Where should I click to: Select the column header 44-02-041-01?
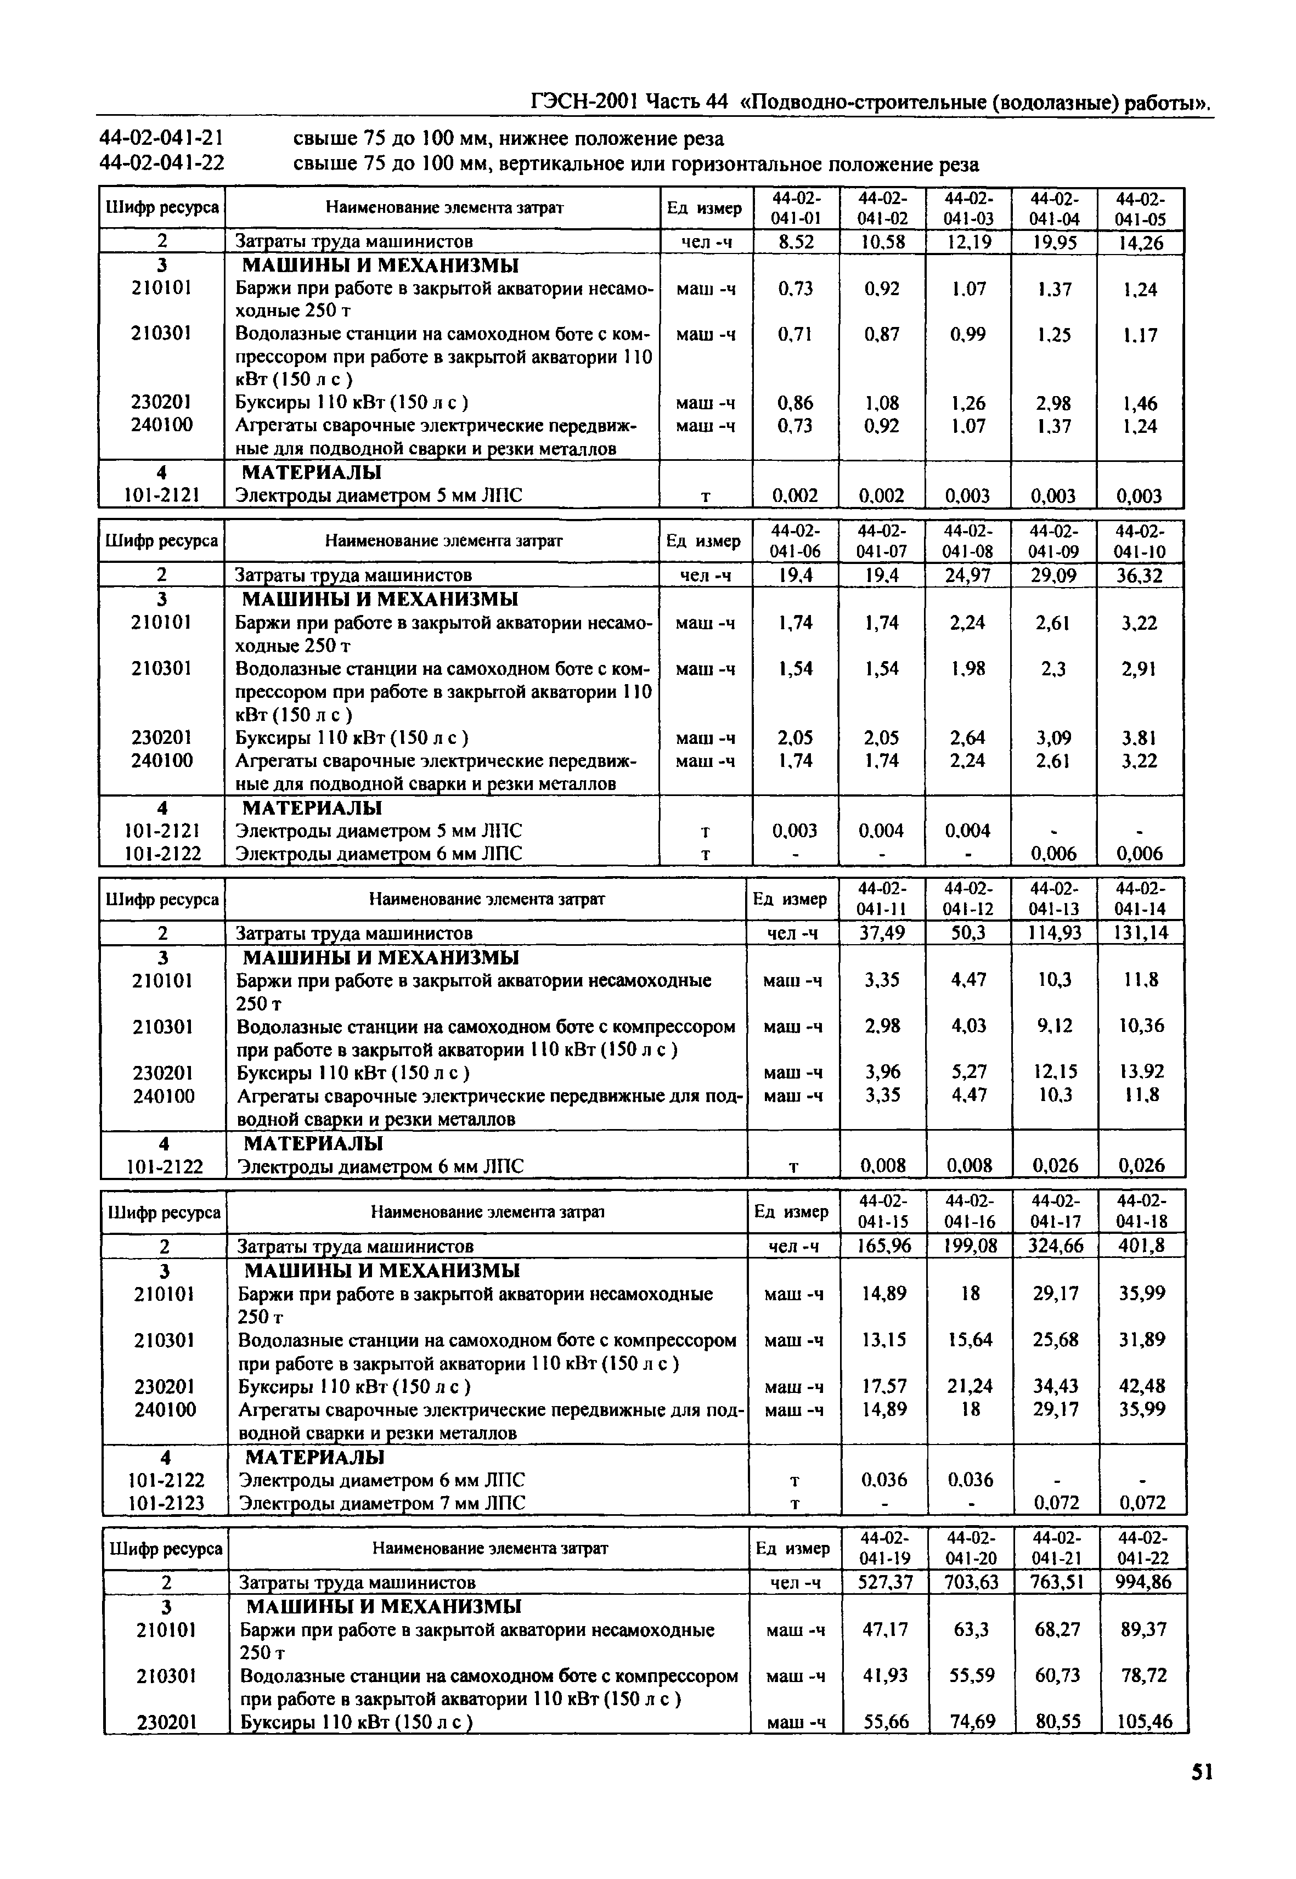tap(796, 208)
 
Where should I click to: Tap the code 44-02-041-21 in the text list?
tap(162, 139)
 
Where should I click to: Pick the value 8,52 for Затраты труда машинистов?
tap(796, 242)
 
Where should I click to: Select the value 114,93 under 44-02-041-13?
tap(1055, 933)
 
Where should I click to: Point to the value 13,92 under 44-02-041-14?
tap(1142, 1072)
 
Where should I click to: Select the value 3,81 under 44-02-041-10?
tap(1139, 738)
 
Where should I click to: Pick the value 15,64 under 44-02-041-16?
tap(971, 1363)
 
